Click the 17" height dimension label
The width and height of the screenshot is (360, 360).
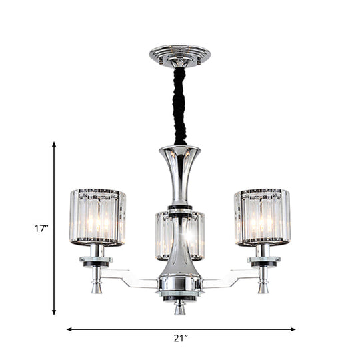point(42,228)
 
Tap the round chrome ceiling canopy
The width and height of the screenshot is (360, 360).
point(179,54)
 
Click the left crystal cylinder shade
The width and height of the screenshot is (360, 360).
point(97,218)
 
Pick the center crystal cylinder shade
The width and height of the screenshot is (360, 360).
point(180,235)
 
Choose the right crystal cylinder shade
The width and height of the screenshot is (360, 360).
point(262,218)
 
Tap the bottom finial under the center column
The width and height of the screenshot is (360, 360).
point(180,308)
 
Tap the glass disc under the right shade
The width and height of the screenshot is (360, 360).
point(262,257)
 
